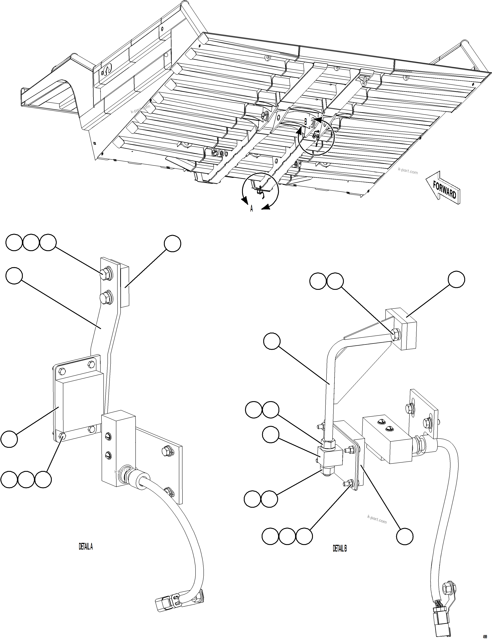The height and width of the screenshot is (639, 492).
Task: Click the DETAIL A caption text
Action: pos(86,547)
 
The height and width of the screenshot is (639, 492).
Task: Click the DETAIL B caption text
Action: pos(339,548)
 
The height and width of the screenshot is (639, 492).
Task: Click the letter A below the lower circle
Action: pos(251,209)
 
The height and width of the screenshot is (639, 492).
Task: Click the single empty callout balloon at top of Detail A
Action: pos(172,244)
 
